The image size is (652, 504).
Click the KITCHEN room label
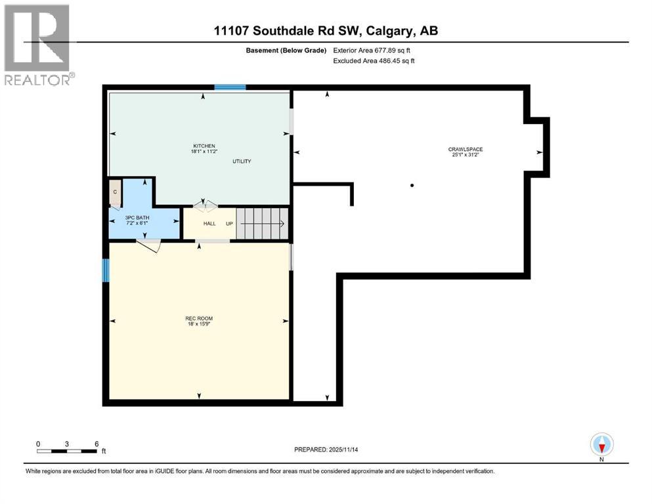point(204,146)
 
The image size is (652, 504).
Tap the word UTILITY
point(241,161)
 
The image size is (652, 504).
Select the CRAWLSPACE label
point(466,150)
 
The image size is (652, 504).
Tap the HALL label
point(209,224)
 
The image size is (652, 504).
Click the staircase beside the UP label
point(262,223)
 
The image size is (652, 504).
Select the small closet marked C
point(115,192)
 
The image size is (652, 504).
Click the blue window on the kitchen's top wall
point(230,87)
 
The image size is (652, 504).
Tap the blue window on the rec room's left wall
point(105,270)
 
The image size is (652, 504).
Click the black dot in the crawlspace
point(412,186)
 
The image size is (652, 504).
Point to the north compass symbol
point(601,445)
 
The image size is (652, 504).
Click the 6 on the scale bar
point(97,443)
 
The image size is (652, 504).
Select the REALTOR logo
point(37,45)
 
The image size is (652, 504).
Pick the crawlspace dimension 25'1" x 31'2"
point(466,156)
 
